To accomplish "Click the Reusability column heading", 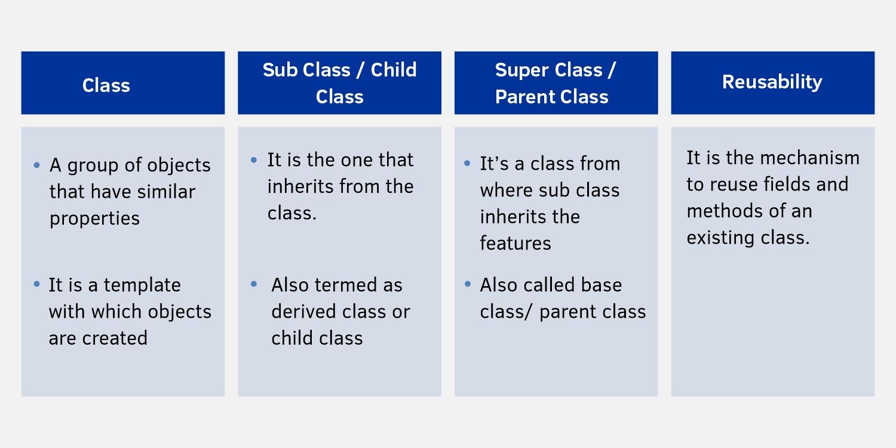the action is pyautogui.click(x=772, y=82).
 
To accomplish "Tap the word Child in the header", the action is pyautogui.click(x=394, y=70).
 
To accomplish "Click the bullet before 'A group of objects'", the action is pyautogui.click(x=37, y=165).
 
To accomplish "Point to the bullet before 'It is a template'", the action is pyautogui.click(x=37, y=284).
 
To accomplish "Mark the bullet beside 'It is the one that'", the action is pyautogui.click(x=254, y=160).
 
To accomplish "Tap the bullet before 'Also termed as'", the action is pyautogui.click(x=254, y=284).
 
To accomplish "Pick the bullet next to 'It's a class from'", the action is pyautogui.click(x=467, y=163).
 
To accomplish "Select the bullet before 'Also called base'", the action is pyautogui.click(x=468, y=284).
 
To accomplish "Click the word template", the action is pyautogui.click(x=142, y=286).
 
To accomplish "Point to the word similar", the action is pyautogui.click(x=166, y=192).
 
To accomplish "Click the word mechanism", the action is pyautogui.click(x=809, y=158).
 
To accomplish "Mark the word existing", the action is pyautogui.click(x=720, y=238).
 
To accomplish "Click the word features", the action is pyautogui.click(x=515, y=243).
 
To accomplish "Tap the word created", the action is pyautogui.click(x=115, y=338).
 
